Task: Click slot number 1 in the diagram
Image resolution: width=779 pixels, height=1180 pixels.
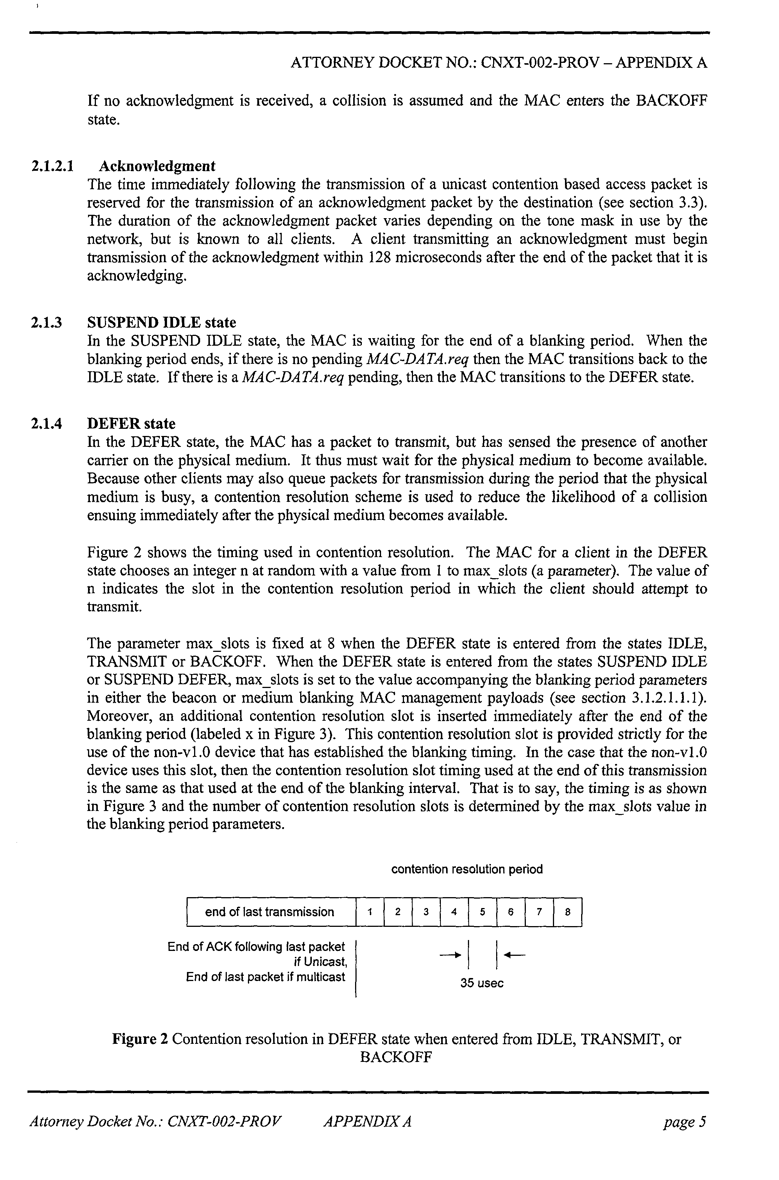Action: (370, 912)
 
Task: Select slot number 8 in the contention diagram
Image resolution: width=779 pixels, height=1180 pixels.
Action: (567, 912)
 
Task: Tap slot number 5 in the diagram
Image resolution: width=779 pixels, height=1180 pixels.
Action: (482, 912)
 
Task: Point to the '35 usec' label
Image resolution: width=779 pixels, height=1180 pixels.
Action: (481, 983)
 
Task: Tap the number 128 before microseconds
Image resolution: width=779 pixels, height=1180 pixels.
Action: (382, 257)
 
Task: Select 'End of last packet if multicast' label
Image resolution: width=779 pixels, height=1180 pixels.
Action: (265, 977)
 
